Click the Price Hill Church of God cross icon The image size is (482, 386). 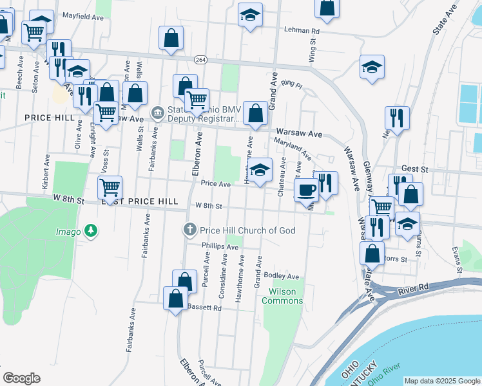(x=190, y=230)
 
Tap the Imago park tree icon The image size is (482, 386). (x=92, y=231)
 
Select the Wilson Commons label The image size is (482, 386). (x=282, y=296)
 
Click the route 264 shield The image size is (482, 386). (x=200, y=59)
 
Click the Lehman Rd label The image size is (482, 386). (x=302, y=30)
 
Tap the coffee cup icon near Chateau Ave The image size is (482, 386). (x=307, y=190)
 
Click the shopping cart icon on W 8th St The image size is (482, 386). (x=110, y=188)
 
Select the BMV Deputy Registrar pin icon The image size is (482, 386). (x=157, y=114)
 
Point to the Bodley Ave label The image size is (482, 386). (x=285, y=277)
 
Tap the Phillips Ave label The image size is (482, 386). (x=220, y=246)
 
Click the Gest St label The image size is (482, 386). (x=414, y=169)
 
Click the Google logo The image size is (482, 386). (x=21, y=378)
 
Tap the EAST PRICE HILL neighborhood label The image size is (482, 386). (x=139, y=201)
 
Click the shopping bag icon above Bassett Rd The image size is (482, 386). (x=175, y=299)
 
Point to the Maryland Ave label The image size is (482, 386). (x=293, y=149)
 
